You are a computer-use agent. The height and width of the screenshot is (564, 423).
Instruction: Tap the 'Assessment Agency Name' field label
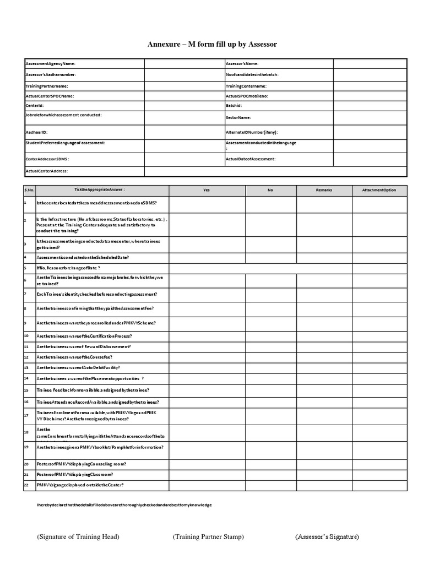point(51,64)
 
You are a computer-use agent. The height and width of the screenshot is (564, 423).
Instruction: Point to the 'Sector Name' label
point(238,117)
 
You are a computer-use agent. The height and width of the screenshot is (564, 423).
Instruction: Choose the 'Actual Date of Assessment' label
point(251,159)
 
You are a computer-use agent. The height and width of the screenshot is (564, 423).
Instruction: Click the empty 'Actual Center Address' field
point(275,171)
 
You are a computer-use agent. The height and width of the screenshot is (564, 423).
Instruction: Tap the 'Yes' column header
point(207,190)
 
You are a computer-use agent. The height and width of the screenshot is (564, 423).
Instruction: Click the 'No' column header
point(270,190)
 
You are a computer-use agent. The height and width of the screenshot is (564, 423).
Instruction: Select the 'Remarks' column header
point(324,190)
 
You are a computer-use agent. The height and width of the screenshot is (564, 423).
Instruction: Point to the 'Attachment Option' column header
point(379,190)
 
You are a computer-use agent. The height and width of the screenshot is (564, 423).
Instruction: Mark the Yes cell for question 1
point(207,204)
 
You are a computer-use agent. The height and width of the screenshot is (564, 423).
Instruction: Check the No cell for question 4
point(270,257)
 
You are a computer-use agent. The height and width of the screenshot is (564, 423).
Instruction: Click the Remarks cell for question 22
point(324,485)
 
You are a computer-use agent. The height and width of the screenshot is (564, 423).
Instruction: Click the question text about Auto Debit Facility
point(78,367)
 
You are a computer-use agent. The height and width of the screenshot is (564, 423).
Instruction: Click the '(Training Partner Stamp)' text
point(208,536)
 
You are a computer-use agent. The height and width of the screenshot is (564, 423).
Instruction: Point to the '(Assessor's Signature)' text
point(327,536)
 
